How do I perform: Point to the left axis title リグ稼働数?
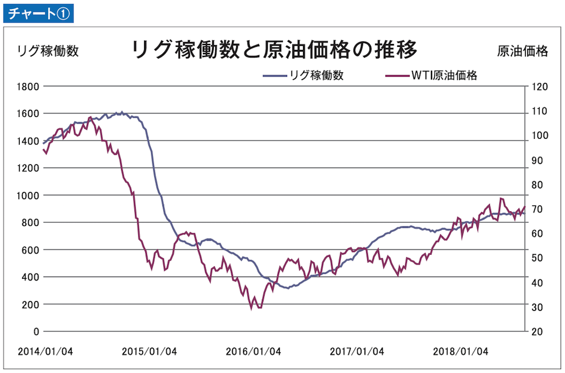pyautogui.click(x=48, y=51)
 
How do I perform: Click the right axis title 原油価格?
pyautogui.click(x=523, y=51)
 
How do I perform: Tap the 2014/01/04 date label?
pyautogui.click(x=45, y=352)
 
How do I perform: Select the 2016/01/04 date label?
pyautogui.click(x=253, y=352)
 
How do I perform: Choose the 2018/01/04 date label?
pyautogui.click(x=460, y=352)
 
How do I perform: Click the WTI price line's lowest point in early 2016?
pyautogui.click(x=251, y=309)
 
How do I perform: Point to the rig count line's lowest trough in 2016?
pyautogui.click(x=288, y=288)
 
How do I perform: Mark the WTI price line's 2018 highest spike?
pyautogui.click(x=501, y=199)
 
